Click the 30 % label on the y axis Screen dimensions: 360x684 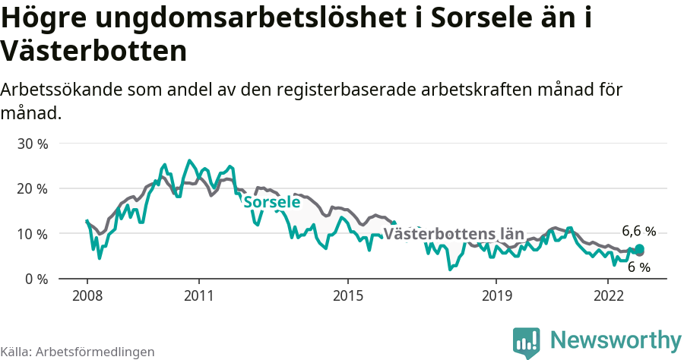tap(31, 144)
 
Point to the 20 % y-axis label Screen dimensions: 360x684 tap(31, 188)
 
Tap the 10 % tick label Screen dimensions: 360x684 tap(31, 234)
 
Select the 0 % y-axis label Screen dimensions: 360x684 tap(35, 279)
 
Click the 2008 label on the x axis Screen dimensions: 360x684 tap(87, 295)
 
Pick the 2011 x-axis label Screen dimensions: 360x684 tap(198, 295)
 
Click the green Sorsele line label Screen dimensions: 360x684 tap(271, 203)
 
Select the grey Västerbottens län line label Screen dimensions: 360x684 tap(454, 234)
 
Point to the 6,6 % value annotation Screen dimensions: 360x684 tap(638, 231)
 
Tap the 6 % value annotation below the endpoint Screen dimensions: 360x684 tap(638, 267)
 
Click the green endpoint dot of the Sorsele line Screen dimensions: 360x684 tap(639, 249)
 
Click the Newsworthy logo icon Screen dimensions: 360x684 tap(526, 343)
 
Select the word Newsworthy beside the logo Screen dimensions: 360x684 tap(616, 339)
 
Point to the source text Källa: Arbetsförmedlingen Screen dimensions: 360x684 tap(78, 352)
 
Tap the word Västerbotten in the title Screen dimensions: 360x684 tap(93, 52)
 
